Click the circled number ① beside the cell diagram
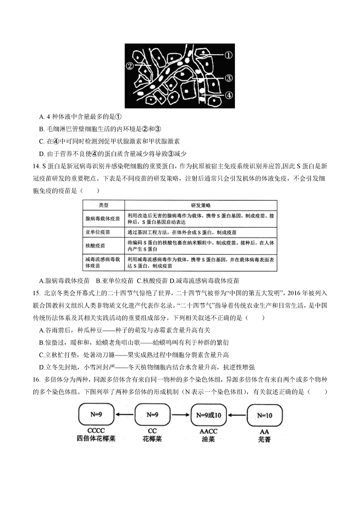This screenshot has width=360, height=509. (x=228, y=56)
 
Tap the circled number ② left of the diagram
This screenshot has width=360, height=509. (x=130, y=66)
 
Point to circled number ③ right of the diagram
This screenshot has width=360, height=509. (x=228, y=78)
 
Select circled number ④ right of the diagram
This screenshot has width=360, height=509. (x=228, y=95)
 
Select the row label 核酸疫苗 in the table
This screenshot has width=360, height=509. (x=94, y=246)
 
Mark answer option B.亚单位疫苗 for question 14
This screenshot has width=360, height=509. (x=114, y=281)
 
